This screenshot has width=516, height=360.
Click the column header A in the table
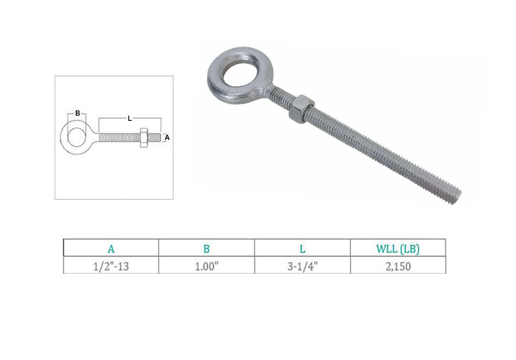click(111, 249)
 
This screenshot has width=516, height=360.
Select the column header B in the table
click(206, 249)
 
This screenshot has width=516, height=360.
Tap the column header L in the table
click(303, 249)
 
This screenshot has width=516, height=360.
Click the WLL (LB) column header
click(398, 249)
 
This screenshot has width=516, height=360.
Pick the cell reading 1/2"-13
click(111, 266)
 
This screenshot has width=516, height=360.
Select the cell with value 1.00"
click(206, 266)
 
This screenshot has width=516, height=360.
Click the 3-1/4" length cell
click(303, 266)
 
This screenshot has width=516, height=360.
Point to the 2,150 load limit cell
click(398, 266)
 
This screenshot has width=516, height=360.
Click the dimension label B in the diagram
click(77, 114)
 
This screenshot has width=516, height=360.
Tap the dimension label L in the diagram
click(130, 119)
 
